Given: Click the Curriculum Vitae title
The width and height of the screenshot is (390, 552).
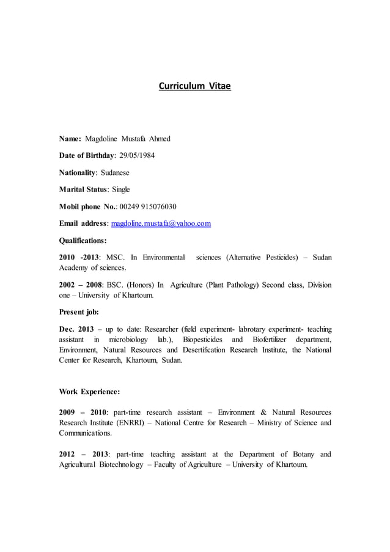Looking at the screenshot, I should pos(195,86).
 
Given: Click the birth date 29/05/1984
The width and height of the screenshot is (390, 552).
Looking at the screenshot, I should pos(136,155).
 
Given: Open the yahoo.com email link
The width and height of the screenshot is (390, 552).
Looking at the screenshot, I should pos(161,224).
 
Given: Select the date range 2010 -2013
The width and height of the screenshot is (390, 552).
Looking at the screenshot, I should pos(79,258).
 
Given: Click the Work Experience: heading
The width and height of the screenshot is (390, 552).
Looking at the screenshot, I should pos(89,391).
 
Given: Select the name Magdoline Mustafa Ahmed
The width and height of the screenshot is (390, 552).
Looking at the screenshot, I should pos(128,139).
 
